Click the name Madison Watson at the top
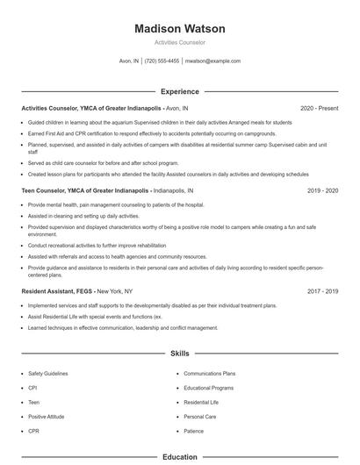[x=179, y=28]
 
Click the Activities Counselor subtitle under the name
[x=179, y=42]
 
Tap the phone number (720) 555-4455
[x=162, y=61]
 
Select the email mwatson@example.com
[x=212, y=61]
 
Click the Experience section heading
[x=179, y=91]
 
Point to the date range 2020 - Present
[x=319, y=108]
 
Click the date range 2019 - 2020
[x=322, y=190]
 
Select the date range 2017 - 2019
[x=322, y=290]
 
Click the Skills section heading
[x=179, y=353]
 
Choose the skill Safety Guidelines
[x=48, y=373]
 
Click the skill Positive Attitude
[x=47, y=417]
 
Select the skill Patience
[x=194, y=431]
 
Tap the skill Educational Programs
[x=208, y=387]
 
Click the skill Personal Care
[x=200, y=417]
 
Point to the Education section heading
[x=179, y=457]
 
